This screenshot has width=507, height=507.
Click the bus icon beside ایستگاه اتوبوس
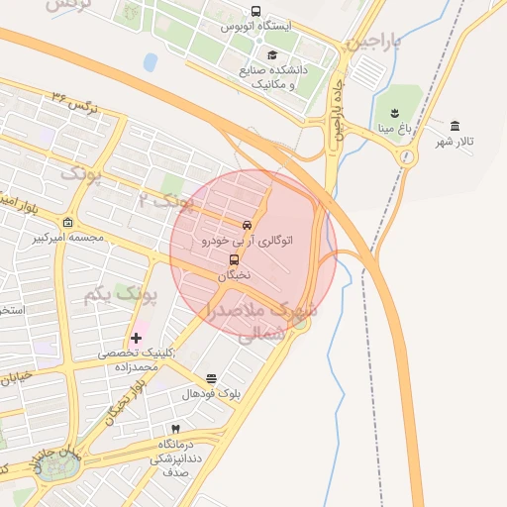pos(255,12)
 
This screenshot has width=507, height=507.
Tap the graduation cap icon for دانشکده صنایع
pos(272,54)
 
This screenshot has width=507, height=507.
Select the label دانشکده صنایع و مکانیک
pos(273,77)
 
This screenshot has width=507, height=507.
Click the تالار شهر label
pos(456,143)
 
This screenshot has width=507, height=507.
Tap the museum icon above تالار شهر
pos(455,126)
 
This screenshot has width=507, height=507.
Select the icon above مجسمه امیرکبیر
pos(67,222)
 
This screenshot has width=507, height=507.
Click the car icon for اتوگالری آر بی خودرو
pos(247,225)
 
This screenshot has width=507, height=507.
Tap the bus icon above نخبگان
pos(234,260)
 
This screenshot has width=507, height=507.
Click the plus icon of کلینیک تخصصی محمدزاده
pos(136,338)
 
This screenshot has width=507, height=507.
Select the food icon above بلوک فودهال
pos(211,379)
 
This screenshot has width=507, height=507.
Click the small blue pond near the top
pos(151,62)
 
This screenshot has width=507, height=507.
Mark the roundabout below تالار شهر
pos(405,156)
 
